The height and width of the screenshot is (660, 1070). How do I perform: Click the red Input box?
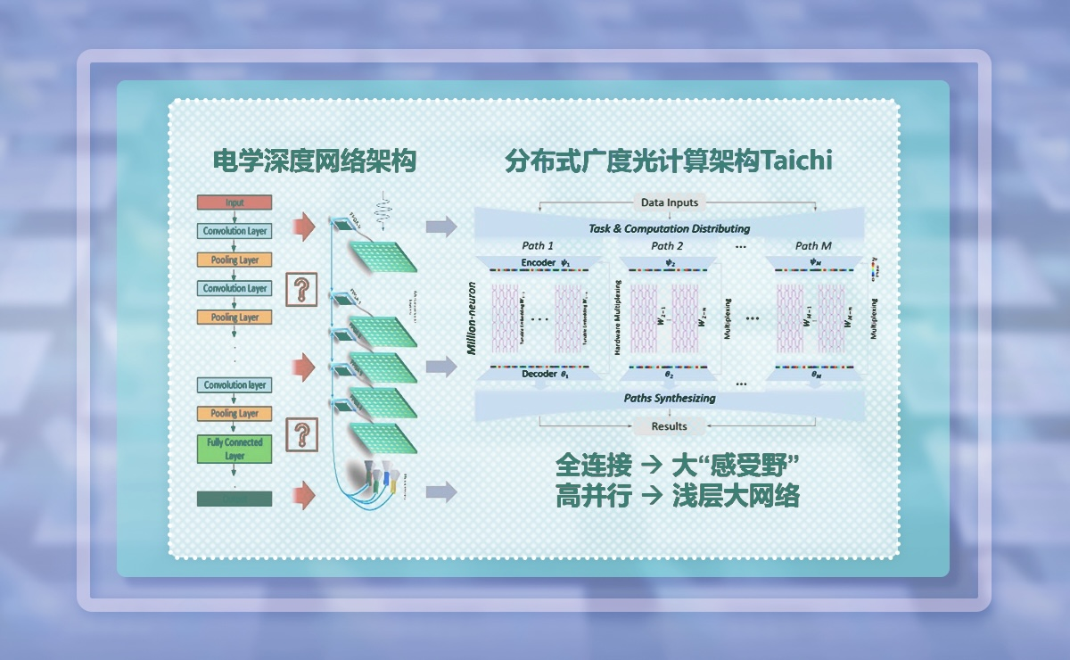point(235,202)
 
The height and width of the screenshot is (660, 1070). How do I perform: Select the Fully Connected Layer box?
point(235,449)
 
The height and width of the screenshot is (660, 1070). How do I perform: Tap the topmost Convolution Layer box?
point(235,231)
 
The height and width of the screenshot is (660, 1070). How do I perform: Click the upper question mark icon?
point(302,291)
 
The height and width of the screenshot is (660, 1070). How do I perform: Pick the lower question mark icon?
point(302,434)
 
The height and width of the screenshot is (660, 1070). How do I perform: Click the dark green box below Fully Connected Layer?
point(235,499)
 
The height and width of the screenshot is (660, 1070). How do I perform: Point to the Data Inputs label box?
point(670,202)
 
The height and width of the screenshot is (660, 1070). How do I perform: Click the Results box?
point(669,426)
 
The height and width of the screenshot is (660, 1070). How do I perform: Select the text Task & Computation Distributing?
point(670,228)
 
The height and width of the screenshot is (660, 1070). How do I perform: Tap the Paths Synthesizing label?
point(669,398)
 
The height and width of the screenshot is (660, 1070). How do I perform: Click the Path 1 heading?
point(538,246)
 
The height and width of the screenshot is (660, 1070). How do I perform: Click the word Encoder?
point(538,263)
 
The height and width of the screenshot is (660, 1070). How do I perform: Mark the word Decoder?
point(538,375)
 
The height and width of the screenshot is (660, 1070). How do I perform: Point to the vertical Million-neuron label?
point(473,319)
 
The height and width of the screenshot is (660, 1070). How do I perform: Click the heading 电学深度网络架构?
point(316,162)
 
